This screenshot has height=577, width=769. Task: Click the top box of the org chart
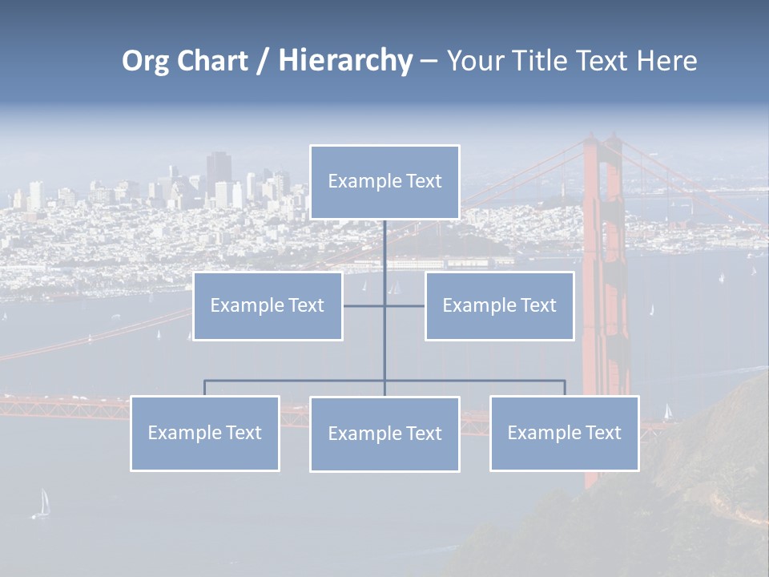pyautogui.click(x=384, y=182)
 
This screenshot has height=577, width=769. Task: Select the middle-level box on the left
pyautogui.click(x=268, y=306)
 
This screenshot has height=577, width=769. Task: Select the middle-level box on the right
pyautogui.click(x=499, y=306)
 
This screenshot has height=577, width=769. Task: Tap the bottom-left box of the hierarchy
pyautogui.click(x=205, y=434)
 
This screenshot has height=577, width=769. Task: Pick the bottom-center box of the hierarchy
pyautogui.click(x=384, y=434)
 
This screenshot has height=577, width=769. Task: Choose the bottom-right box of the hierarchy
pyautogui.click(x=564, y=434)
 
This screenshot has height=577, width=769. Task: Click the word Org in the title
pyautogui.click(x=145, y=61)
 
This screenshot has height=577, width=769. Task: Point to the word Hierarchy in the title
pyautogui.click(x=345, y=61)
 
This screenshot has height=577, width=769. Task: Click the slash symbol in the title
pyautogui.click(x=263, y=61)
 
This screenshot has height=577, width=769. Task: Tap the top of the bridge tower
pyautogui.click(x=602, y=143)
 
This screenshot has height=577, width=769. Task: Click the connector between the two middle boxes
pyautogui.click(x=405, y=306)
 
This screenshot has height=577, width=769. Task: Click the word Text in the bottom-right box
pyautogui.click(x=603, y=434)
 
